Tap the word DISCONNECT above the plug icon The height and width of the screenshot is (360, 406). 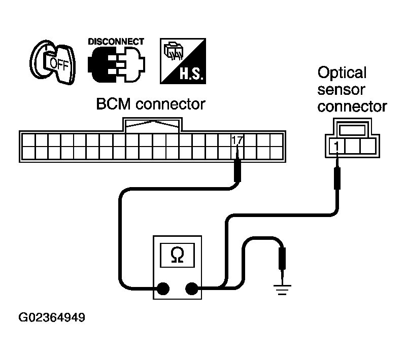[116, 42]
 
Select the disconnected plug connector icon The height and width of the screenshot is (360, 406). [116, 66]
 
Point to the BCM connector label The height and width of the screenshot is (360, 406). [151, 104]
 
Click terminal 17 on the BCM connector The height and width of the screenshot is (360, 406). [236, 139]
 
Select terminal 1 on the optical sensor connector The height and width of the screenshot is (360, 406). [336, 146]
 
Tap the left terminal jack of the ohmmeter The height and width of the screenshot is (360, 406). [162, 289]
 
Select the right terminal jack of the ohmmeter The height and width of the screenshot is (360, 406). [192, 289]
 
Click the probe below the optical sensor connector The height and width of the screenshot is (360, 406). [336, 177]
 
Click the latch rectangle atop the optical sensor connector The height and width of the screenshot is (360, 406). [352, 130]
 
